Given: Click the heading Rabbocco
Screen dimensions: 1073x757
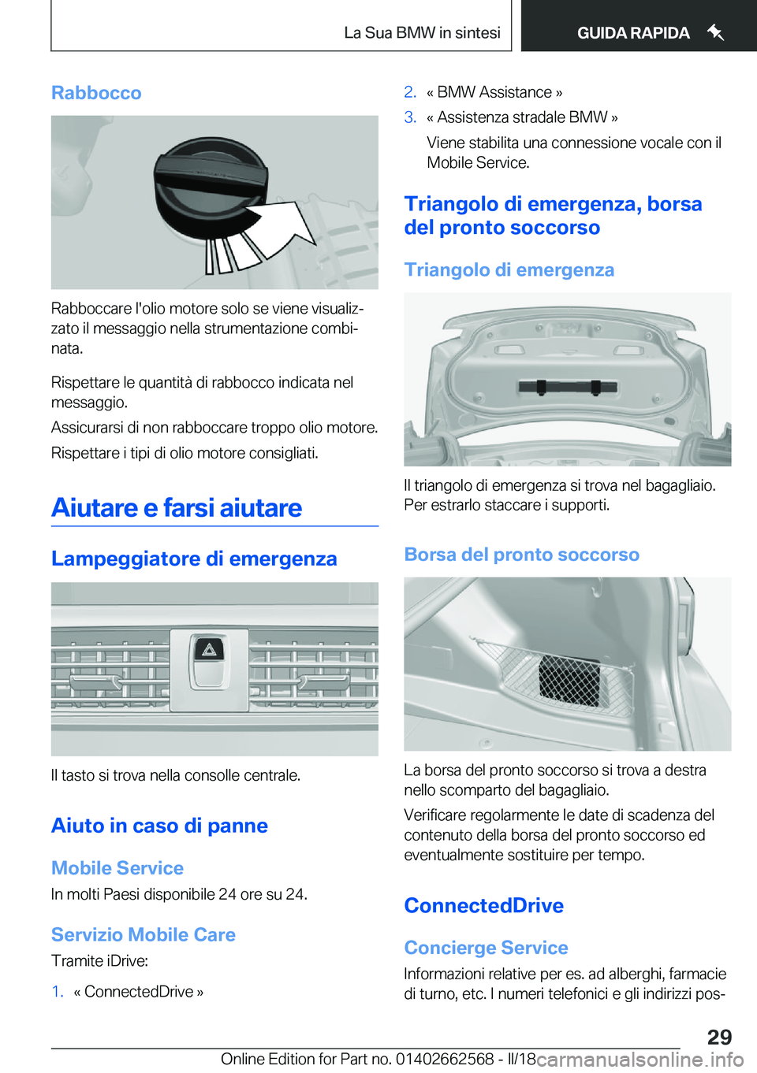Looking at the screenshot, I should click(96, 93).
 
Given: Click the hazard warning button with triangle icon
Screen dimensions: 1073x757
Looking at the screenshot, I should click(209, 650).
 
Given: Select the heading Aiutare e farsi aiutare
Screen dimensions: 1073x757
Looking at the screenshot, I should click(177, 508).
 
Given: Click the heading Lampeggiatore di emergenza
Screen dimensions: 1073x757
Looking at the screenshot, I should click(194, 559).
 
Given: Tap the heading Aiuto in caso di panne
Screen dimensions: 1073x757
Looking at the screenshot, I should click(159, 826).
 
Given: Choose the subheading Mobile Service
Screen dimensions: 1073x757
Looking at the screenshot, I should click(117, 868).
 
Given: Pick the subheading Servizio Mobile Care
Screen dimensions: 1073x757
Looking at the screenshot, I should click(144, 934).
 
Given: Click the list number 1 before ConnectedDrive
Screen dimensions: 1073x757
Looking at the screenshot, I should click(57, 991).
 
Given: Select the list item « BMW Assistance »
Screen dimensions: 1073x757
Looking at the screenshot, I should click(494, 92).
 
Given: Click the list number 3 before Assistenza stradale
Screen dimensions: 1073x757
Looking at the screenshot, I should click(410, 117).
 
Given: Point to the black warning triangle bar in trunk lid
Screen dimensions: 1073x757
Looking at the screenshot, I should click(568, 386).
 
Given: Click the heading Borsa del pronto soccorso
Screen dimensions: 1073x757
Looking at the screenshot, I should click(521, 555).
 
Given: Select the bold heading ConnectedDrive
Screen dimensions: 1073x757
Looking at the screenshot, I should click(483, 906).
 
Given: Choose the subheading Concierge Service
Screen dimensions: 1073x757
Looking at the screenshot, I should click(486, 948).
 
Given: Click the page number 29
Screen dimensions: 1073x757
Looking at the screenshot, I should click(719, 1037).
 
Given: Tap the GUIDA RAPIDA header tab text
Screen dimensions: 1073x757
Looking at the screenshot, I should click(633, 33).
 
